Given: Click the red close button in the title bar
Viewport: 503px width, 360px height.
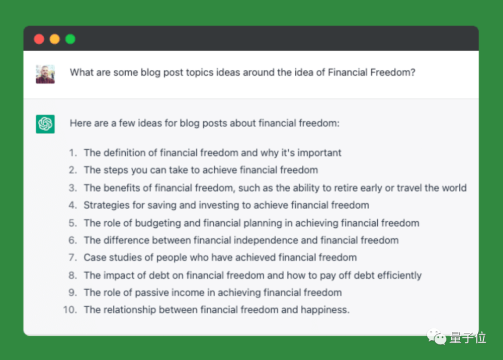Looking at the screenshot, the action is tap(39, 39).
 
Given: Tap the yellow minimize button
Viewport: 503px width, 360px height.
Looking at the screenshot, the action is tap(55, 39).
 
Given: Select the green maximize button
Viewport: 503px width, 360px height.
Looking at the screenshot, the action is tap(70, 39).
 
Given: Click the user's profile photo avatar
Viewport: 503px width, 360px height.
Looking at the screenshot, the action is tap(45, 74).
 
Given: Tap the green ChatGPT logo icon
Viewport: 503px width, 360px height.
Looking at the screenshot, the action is tap(45, 124).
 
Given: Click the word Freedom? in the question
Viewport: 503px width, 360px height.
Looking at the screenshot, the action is tap(393, 72).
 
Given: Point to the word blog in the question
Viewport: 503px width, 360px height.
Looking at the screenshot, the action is tap(150, 73).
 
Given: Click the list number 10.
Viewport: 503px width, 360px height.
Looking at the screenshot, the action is tap(70, 310).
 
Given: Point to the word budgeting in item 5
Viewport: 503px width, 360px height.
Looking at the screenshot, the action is tap(158, 223).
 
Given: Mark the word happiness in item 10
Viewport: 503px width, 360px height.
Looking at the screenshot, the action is tap(324, 310).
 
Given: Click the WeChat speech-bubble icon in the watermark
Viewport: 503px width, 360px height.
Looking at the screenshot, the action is tap(436, 337).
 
